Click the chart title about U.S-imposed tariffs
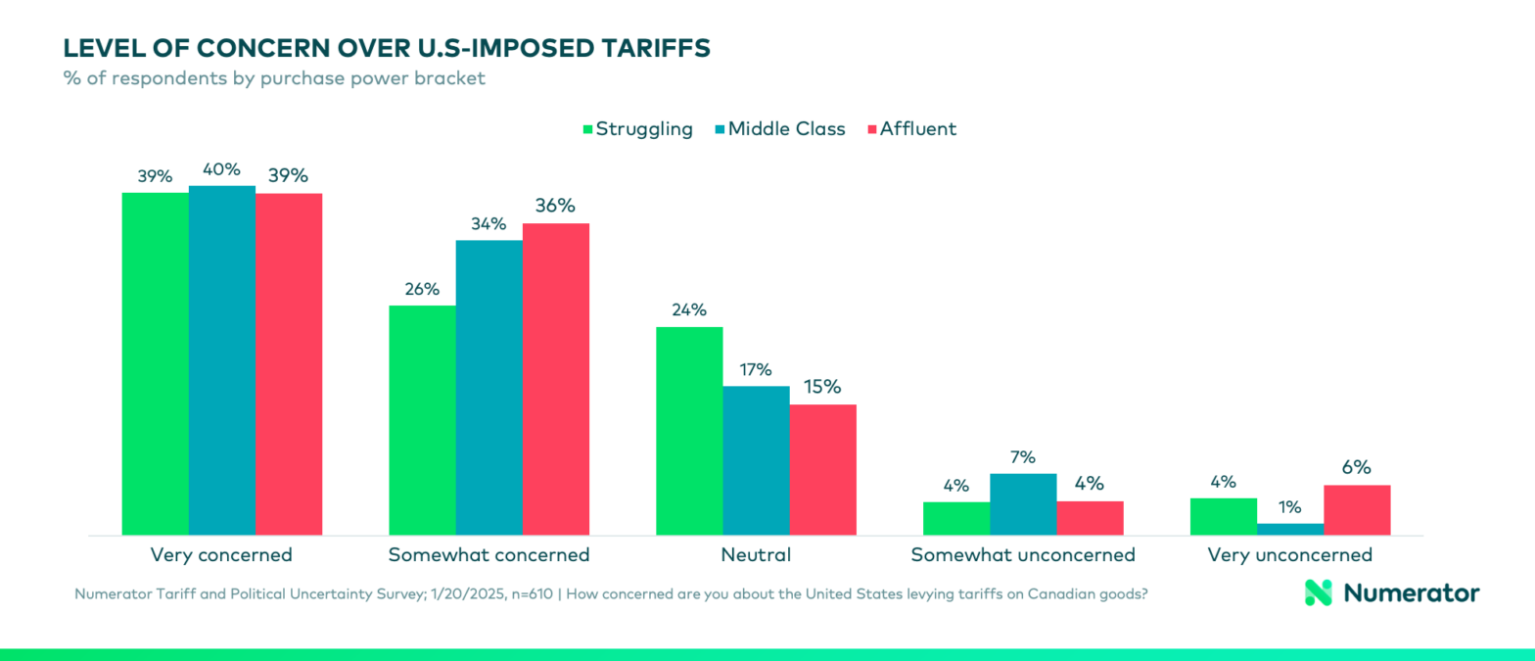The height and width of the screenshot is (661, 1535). click(387, 49)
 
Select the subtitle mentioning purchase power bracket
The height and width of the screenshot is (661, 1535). click(274, 79)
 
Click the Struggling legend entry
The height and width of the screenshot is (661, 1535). click(637, 129)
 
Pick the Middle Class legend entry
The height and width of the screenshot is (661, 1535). click(779, 129)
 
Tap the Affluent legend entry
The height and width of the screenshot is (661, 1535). click(910, 129)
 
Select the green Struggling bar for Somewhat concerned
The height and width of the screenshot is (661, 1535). click(422, 421)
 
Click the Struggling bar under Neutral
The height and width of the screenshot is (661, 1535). click(689, 431)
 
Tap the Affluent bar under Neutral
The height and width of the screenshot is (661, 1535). click(822, 470)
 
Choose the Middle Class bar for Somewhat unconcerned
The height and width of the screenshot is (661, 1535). click(1023, 504)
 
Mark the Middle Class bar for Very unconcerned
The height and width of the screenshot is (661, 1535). click(1290, 530)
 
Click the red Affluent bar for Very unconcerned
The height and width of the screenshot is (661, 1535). click(1357, 510)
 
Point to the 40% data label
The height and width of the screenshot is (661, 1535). click(221, 169)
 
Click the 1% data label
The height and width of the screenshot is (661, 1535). click(1290, 507)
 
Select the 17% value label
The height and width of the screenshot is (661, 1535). click(756, 370)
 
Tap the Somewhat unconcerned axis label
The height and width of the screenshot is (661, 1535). click(1023, 555)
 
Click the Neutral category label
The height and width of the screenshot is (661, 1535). click(756, 555)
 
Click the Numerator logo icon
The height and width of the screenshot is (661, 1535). click(1319, 592)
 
